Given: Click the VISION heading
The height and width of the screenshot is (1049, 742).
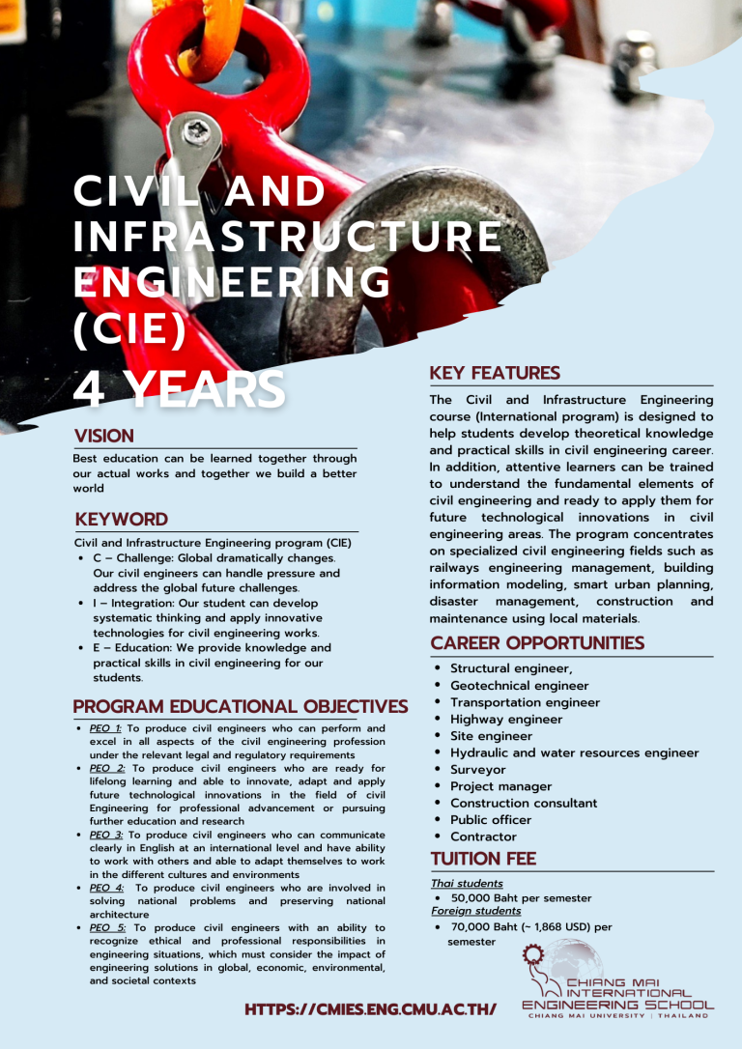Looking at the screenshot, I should (104, 436).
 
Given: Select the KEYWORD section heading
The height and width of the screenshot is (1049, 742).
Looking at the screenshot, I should (121, 520).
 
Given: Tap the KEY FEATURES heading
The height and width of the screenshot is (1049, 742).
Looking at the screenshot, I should (495, 373).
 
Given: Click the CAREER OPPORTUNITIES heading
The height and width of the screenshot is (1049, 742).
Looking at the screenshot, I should (536, 643).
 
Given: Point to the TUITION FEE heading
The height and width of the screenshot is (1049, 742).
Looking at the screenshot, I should (483, 859).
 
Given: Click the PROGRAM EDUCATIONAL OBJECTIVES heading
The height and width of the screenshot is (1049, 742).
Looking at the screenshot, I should (241, 706).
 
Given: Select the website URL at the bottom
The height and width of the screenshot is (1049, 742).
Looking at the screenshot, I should (371, 1010).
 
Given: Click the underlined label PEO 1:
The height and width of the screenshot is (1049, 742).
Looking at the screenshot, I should (105, 728).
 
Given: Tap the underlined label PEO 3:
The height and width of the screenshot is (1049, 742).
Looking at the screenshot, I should (105, 835).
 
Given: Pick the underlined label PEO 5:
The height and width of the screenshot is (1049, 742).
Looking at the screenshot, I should (107, 927).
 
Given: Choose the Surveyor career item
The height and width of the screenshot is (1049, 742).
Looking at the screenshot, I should (477, 770).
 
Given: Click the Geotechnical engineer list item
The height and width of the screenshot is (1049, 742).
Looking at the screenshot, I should (519, 686).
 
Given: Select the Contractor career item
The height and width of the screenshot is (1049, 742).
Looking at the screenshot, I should (483, 836).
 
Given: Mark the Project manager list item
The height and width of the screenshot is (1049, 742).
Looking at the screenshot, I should (500, 786).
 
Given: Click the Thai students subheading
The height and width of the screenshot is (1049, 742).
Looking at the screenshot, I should (467, 883).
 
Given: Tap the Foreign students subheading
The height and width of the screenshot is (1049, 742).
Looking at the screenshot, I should (475, 911).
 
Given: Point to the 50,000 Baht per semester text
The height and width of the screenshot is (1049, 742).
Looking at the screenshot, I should (521, 897).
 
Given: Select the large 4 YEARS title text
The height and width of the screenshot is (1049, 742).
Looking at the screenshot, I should (180, 388).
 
